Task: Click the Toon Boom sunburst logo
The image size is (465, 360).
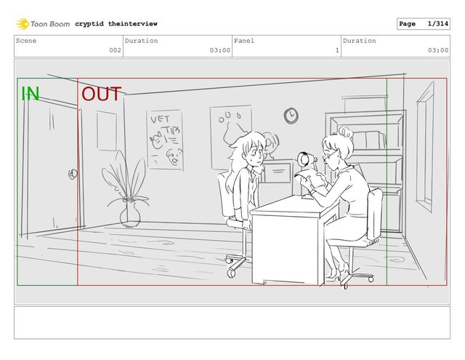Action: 23,24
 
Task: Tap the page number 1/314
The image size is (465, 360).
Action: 437,24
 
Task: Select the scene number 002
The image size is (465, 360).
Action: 115,50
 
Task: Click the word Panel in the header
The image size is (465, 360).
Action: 244,41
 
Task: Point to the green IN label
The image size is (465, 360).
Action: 31,94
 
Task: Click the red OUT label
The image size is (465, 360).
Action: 102,94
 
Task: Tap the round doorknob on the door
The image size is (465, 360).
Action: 73,175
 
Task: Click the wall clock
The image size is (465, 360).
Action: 291,116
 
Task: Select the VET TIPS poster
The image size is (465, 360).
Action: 165,140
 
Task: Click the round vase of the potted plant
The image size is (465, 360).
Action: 130,216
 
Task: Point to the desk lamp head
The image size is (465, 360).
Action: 304,160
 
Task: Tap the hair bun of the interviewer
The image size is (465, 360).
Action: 346,132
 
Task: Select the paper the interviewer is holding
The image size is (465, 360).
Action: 311,180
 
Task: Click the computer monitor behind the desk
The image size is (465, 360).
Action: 278,172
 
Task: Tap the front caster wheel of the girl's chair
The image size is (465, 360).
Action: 231,273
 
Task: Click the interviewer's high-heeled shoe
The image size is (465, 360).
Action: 336,274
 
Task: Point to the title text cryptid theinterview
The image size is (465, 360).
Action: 116,24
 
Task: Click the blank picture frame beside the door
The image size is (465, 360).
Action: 107,131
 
